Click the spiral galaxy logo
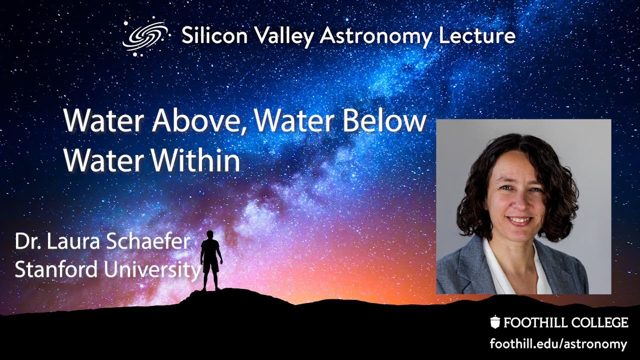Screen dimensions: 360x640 [x=144, y=36]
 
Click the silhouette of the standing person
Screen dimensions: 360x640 [x=210, y=260]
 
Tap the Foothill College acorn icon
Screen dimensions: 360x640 [x=494, y=322]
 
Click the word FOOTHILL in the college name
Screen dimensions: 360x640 [x=530, y=323]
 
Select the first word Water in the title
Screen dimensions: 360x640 [x=99, y=122]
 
